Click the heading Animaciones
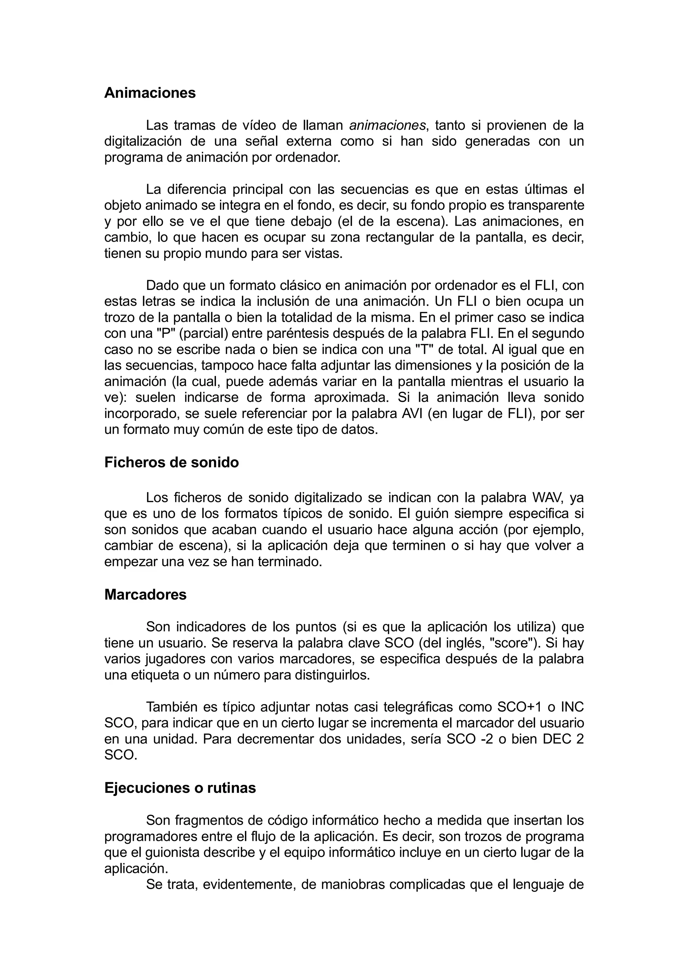pos(150,93)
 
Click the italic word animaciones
pos(387,125)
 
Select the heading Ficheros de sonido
pos(172,462)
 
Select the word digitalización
pos(143,142)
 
